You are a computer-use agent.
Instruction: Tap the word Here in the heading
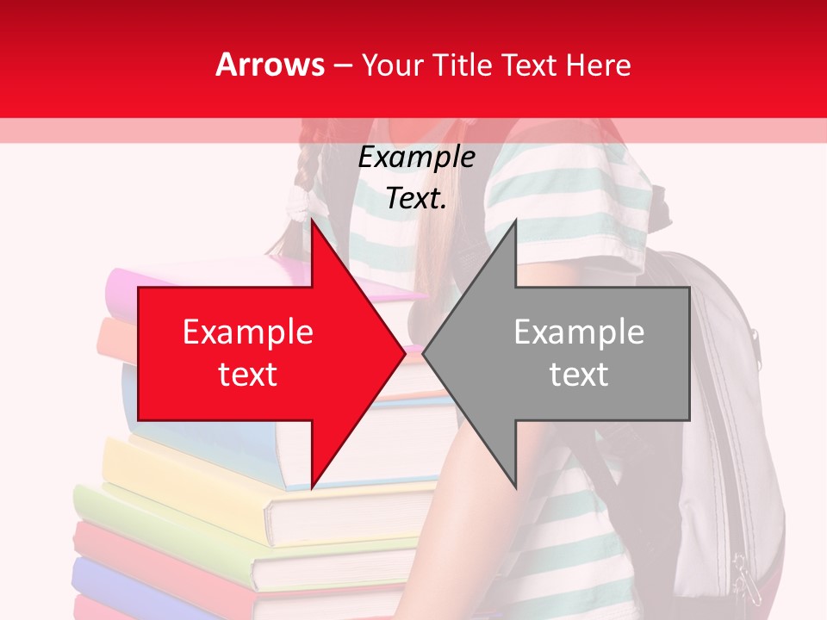(598, 65)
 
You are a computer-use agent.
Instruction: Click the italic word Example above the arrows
(416, 158)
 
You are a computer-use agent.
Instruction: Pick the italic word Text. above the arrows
(416, 199)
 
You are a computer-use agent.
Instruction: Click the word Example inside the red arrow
(248, 332)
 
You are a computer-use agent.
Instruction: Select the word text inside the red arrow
(248, 375)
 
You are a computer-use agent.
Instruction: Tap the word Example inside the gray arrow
(579, 332)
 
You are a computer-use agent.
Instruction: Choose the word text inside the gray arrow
(579, 375)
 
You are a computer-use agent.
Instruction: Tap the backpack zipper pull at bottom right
(743, 577)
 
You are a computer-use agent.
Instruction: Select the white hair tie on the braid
(299, 202)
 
